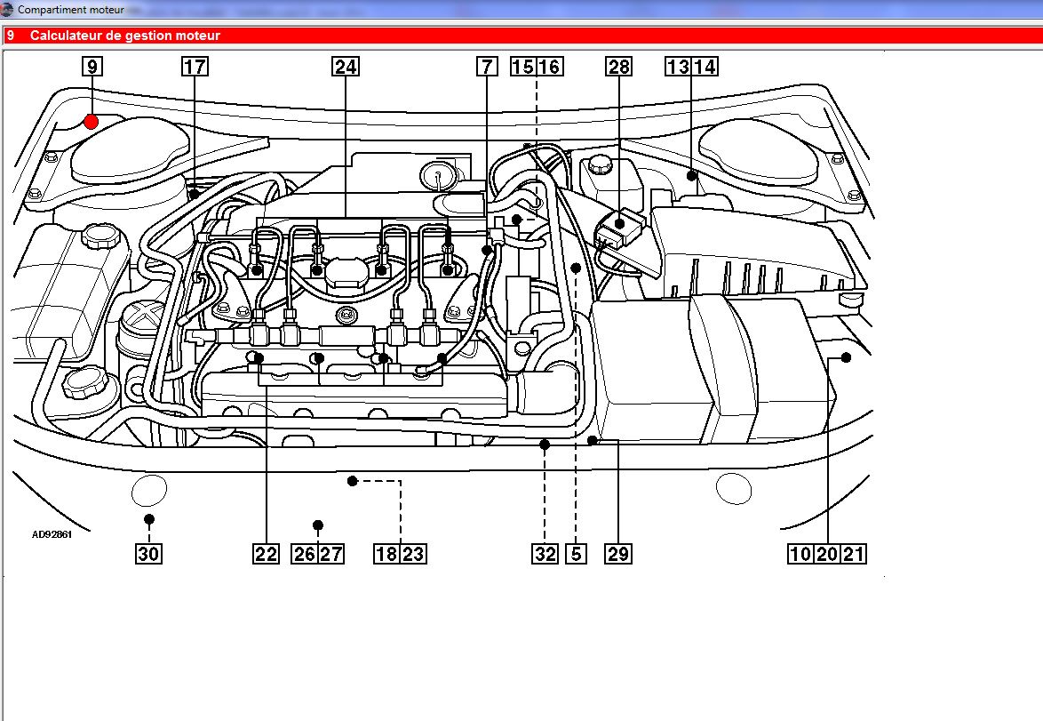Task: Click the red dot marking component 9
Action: (x=91, y=121)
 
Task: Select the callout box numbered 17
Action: (x=195, y=67)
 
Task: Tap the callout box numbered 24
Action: (x=345, y=67)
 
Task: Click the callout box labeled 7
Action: (x=486, y=67)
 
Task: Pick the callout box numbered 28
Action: (x=618, y=67)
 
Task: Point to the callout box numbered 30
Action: (x=148, y=554)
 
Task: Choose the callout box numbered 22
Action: (x=266, y=554)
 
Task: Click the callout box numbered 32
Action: (x=545, y=554)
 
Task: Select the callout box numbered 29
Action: (x=618, y=554)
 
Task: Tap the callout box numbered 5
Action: (x=577, y=554)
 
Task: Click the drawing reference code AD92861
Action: (x=52, y=536)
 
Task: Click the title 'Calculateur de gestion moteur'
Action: (x=124, y=36)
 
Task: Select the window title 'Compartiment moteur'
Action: (x=71, y=9)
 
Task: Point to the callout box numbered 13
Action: (x=679, y=67)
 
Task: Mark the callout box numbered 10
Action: (x=800, y=554)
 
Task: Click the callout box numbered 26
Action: (x=305, y=554)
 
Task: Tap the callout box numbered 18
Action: (x=386, y=554)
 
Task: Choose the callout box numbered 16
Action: (x=550, y=67)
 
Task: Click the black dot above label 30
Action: (x=149, y=519)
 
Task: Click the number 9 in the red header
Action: (x=11, y=36)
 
